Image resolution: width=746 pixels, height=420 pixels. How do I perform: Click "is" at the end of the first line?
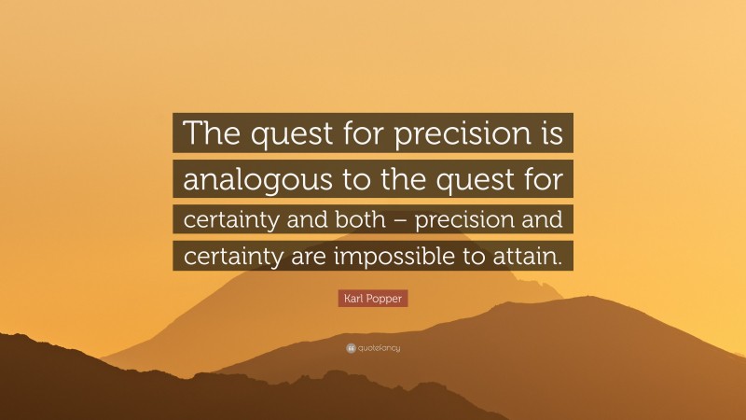pyautogui.click(x=549, y=135)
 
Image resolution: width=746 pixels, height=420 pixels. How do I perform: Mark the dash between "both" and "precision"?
pyautogui.click(x=380, y=221)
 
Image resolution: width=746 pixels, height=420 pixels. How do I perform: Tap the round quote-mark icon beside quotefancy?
pyautogui.click(x=350, y=348)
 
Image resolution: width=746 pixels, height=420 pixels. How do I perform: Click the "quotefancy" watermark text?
pyautogui.click(x=379, y=348)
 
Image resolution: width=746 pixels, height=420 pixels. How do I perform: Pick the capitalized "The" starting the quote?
pyautogui.click(x=211, y=135)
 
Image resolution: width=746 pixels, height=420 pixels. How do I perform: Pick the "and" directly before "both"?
pyautogui.click(x=295, y=220)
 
